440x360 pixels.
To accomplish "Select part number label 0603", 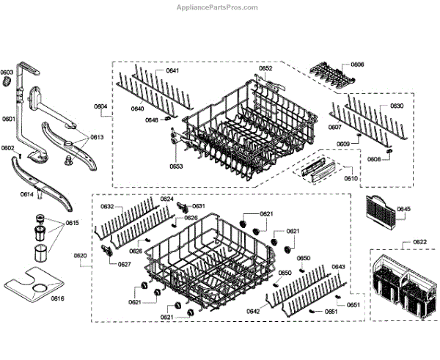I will point(7,73).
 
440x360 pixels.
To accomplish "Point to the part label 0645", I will point(403,209).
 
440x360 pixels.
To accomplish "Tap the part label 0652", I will point(265,69).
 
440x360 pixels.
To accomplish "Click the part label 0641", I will point(173,70).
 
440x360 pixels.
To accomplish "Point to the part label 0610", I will point(351,178).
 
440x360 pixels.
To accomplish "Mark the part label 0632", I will point(106,207).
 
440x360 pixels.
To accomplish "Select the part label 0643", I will point(338,267).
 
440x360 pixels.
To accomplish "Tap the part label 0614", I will point(27,194).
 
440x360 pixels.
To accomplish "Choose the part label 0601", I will point(8,119).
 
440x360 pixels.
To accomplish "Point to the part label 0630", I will point(396,106).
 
